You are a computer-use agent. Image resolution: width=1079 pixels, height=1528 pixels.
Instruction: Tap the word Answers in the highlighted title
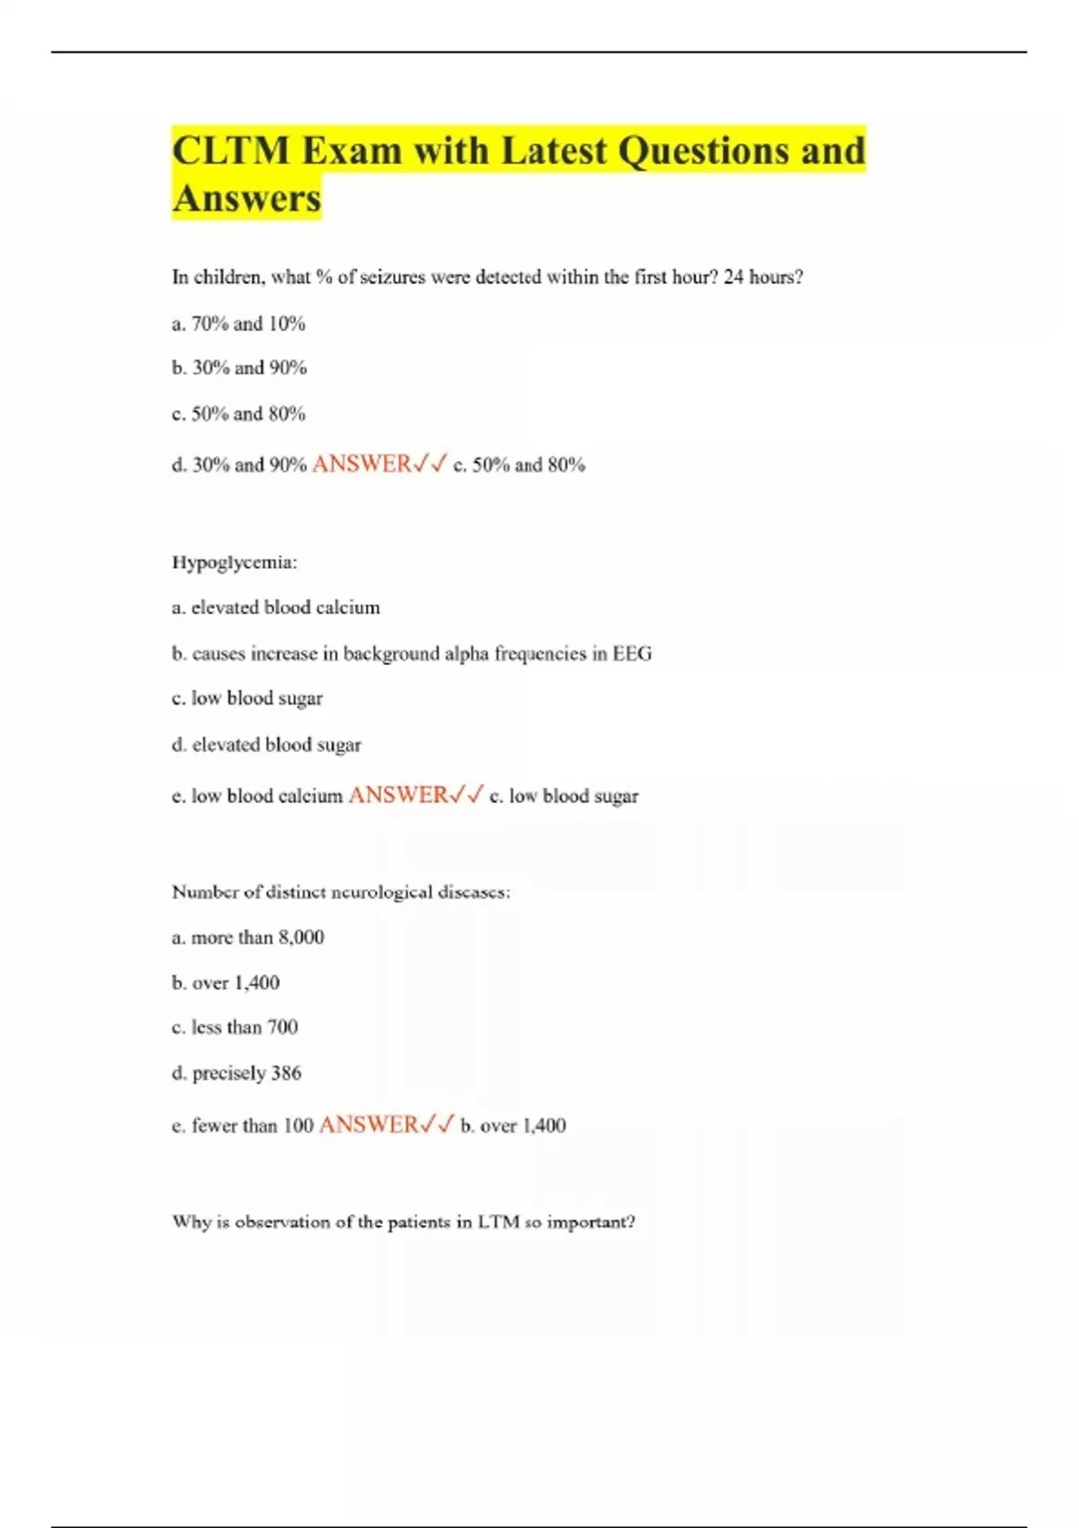point(246,199)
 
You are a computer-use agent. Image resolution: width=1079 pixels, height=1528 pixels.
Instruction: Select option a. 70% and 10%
point(238,324)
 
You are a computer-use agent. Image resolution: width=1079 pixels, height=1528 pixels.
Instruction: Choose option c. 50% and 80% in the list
point(238,414)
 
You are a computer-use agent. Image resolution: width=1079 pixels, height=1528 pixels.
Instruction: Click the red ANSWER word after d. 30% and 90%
point(361,464)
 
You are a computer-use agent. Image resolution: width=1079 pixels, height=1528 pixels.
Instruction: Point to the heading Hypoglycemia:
point(234,563)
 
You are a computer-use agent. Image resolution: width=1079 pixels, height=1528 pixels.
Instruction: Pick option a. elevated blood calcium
point(275,608)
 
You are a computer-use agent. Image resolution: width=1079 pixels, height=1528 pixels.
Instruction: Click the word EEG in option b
point(632,653)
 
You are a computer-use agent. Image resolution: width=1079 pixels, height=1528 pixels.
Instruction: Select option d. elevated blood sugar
point(266,745)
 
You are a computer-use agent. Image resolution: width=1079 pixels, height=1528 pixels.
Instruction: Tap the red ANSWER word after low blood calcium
point(397,795)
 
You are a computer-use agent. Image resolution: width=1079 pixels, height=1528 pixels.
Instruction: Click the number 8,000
point(301,937)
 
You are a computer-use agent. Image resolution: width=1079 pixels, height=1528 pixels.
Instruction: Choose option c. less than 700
point(235,1027)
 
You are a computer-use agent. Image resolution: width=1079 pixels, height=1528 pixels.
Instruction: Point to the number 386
point(286,1073)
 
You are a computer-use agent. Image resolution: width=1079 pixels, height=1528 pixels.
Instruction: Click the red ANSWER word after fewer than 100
point(369,1124)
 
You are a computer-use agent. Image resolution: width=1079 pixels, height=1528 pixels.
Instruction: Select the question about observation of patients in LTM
point(404,1222)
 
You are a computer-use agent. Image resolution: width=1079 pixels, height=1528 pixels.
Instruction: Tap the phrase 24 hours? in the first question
point(763,277)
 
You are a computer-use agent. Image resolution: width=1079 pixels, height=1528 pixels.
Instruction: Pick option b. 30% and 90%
point(239,368)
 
